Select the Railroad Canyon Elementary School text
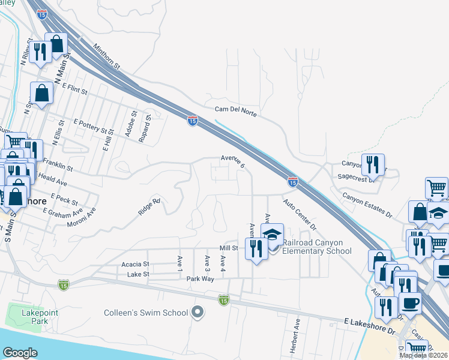pos(317,247)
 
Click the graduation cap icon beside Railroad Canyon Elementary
pos(273,235)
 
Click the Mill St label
pos(229,247)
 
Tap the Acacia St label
pos(134,264)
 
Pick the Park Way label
pos(200,279)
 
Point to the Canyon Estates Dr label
pos(367,205)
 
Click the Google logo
pos(20,353)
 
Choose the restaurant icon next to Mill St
pos(256,248)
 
